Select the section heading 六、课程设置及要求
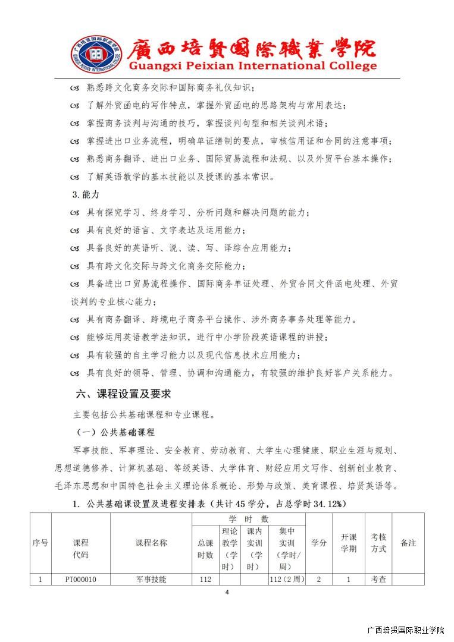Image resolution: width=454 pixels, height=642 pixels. tap(123, 394)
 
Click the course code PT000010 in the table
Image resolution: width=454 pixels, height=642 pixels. tap(80, 578)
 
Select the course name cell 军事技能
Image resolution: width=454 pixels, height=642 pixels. tap(151, 578)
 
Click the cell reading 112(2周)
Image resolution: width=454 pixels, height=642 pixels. tap(287, 578)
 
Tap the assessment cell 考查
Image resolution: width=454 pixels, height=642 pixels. tap(378, 578)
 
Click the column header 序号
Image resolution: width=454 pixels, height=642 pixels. tap(40, 543)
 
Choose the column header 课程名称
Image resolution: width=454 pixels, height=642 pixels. tap(151, 543)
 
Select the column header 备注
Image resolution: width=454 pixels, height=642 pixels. tap(408, 543)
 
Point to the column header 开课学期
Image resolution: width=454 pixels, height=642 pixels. tap(348, 543)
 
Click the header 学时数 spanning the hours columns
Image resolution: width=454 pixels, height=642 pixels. tap(248, 519)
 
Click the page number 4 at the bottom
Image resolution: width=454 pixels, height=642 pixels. tap(227, 592)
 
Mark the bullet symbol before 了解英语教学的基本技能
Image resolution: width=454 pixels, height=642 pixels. tap(74, 177)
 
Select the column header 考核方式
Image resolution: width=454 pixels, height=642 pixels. tap(378, 543)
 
